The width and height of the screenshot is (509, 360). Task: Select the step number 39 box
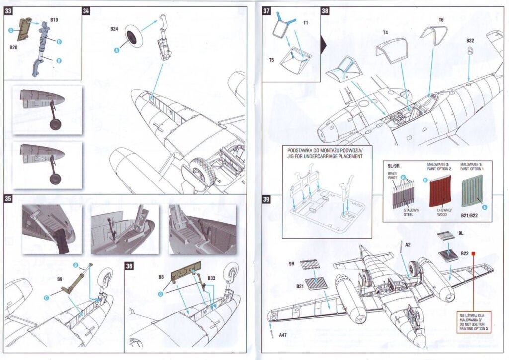[x=266, y=200]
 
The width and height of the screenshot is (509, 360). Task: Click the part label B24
[x=114, y=30]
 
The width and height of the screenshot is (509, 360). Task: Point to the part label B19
[x=54, y=19]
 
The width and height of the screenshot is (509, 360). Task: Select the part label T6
[x=441, y=20]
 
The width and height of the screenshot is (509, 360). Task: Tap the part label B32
[x=470, y=40]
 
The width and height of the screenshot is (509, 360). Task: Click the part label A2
[x=408, y=245]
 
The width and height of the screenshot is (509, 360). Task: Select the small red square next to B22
[x=474, y=253]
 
